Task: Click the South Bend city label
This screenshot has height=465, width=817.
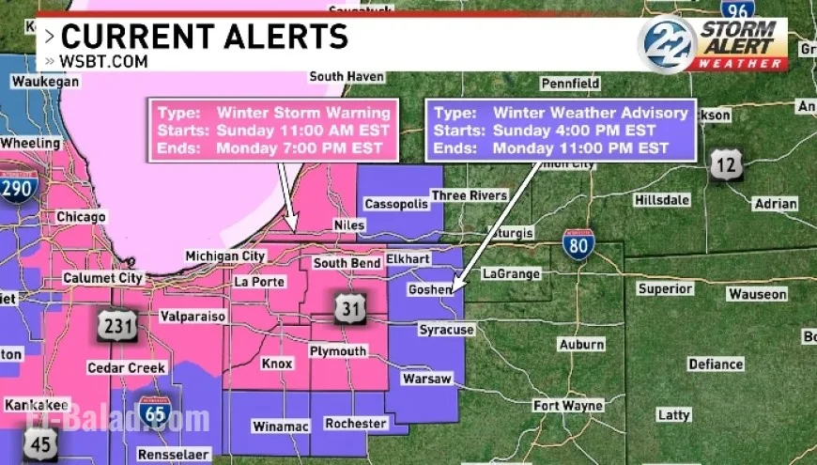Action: click(347, 263)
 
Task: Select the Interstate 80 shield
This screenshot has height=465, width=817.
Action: click(578, 243)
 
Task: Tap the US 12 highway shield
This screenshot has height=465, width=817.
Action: click(726, 164)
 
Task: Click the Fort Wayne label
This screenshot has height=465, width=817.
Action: click(568, 406)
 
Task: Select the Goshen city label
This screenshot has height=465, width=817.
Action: click(430, 290)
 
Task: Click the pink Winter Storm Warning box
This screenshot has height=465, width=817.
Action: click(273, 130)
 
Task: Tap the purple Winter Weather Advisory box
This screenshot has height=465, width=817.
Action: click(562, 130)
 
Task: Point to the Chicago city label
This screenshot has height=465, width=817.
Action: click(81, 217)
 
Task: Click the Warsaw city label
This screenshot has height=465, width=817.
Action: click(426, 379)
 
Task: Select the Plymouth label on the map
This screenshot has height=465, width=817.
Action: click(338, 351)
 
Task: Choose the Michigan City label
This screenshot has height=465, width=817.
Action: click(225, 256)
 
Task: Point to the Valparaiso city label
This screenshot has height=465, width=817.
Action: click(193, 317)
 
